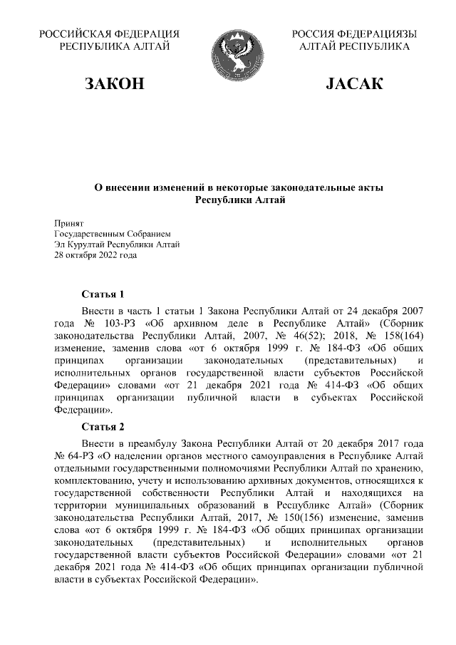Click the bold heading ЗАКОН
[115, 85]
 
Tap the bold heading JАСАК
[354, 85]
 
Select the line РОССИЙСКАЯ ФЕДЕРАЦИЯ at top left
[109, 34]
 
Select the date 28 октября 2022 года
[95, 255]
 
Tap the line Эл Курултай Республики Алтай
[117, 244]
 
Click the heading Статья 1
[103, 294]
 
